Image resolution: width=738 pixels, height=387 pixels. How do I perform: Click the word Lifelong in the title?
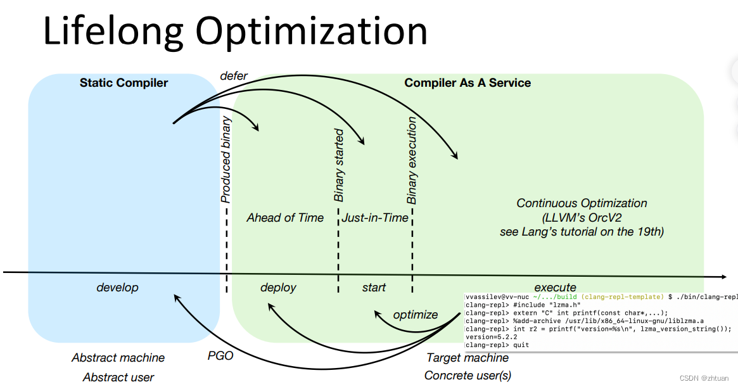coord(112,32)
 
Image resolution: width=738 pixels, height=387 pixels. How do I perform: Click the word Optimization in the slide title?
coord(311,32)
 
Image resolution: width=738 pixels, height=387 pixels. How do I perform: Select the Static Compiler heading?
coord(124,83)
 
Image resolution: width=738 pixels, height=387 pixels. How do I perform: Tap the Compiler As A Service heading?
coord(468,83)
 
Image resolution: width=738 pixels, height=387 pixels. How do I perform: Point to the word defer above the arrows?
coord(233,75)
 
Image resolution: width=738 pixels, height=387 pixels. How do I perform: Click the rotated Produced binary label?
coord(226,159)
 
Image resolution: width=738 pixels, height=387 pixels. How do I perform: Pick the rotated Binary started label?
coord(339,165)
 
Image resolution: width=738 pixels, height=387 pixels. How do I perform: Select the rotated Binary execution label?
coord(412,160)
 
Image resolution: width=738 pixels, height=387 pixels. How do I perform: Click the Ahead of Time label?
coord(285,218)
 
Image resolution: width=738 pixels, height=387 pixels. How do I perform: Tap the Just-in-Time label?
coord(376,218)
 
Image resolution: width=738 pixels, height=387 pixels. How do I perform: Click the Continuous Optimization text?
coord(582,203)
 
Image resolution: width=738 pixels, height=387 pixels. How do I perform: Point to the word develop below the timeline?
coord(117,288)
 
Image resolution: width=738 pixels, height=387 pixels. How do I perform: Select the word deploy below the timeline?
coord(278,288)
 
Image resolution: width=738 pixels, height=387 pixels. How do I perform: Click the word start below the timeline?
coord(374,288)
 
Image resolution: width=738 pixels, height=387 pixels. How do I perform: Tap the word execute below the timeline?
coord(555,287)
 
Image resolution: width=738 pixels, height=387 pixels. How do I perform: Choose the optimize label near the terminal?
coord(416,315)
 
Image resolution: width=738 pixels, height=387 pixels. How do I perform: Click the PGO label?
coord(220,356)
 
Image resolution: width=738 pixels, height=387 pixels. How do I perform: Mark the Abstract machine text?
coord(118,358)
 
